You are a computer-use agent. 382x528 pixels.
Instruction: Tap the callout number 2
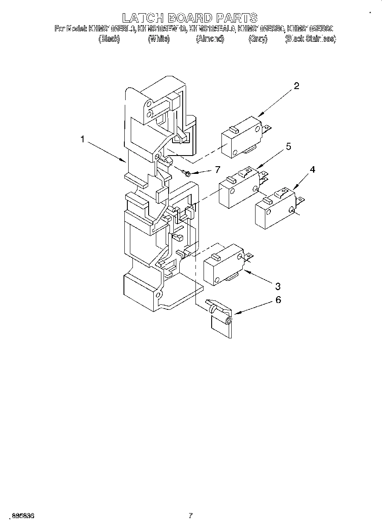296,86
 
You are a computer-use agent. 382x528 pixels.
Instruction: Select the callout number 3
277,285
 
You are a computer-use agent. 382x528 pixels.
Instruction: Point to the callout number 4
312,170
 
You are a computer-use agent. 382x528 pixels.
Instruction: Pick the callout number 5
288,147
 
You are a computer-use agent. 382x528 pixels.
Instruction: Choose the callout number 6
278,300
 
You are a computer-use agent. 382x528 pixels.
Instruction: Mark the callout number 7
217,170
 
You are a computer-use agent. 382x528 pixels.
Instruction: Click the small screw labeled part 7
186,173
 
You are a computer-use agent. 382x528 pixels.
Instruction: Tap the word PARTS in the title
237,17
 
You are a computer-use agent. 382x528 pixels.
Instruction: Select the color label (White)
159,39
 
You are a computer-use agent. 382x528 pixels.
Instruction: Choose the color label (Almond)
210,39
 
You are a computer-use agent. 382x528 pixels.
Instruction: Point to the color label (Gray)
258,39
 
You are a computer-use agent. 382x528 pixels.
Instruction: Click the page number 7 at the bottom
191,516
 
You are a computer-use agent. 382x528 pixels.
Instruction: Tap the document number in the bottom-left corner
23,516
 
